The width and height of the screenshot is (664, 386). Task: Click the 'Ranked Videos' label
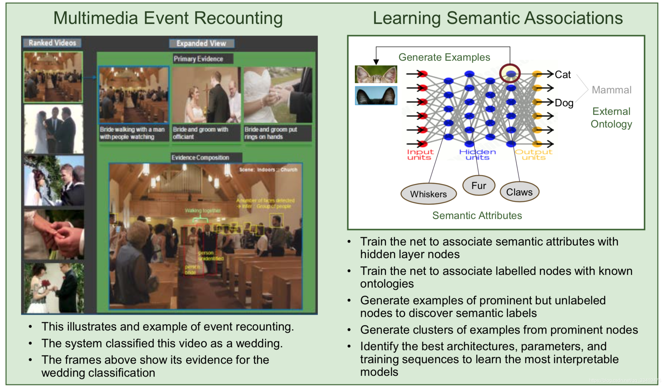(52, 43)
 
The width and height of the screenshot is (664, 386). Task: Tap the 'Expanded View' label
(201, 44)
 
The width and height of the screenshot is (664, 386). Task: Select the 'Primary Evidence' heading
(198, 59)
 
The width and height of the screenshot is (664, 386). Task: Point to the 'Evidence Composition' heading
(200, 158)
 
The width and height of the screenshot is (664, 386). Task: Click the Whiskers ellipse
(428, 194)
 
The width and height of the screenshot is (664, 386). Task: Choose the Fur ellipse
(479, 186)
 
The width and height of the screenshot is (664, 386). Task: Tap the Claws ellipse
(519, 192)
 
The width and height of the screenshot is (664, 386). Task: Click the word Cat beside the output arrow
(562, 75)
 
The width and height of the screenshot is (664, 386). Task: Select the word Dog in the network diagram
(564, 103)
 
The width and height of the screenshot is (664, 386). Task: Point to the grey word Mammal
(611, 90)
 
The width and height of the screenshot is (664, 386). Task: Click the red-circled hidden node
(510, 74)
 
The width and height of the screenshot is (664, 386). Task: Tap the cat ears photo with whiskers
(376, 74)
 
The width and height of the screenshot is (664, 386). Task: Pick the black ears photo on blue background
(376, 96)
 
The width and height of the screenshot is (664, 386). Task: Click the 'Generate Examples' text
(444, 57)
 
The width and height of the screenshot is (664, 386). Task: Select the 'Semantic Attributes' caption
(477, 215)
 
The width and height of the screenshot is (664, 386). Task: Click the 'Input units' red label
(420, 154)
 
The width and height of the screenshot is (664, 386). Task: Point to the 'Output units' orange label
(533, 154)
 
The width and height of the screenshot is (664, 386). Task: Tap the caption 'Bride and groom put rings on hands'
(271, 133)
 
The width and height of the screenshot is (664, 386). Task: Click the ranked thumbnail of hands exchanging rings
(54, 234)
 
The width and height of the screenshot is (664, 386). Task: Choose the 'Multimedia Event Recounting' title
(168, 18)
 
